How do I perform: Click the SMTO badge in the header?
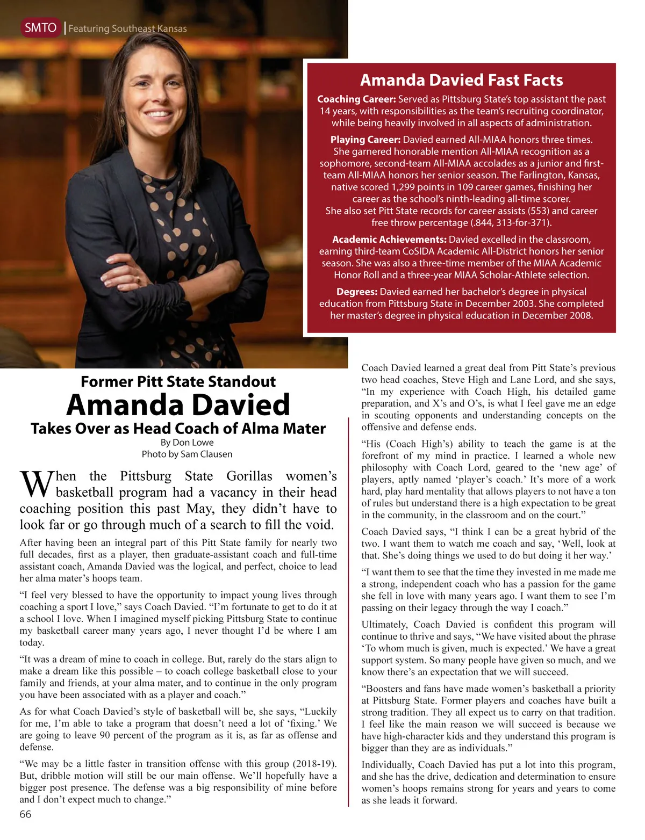coord(41,28)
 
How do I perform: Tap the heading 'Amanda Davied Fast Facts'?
coord(461,81)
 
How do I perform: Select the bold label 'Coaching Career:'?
coord(356,99)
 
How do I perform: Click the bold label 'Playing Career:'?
coord(365,140)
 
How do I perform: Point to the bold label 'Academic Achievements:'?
coord(389,240)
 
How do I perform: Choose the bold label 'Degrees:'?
coord(357,292)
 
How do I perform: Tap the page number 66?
coord(25,814)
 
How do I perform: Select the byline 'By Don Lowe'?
coord(187,443)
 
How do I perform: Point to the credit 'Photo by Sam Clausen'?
coord(187,454)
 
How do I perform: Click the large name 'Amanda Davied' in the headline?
coord(178,405)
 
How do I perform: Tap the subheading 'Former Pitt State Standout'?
coord(178,382)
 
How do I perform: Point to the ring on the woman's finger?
coord(139,280)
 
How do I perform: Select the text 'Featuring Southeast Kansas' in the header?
coord(128,29)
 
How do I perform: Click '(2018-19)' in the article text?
coord(314,764)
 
